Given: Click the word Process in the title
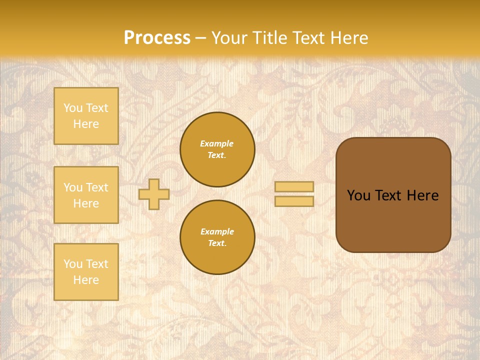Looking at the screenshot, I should (157, 38).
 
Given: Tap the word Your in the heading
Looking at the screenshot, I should (230, 38).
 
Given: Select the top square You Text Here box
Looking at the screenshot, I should (86, 116).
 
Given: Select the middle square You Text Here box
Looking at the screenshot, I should (86, 195).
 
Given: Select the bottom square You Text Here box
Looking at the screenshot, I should (86, 272).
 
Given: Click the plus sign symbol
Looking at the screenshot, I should (154, 194).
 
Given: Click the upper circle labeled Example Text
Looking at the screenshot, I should (217, 149).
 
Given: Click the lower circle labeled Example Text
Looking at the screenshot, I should (217, 237).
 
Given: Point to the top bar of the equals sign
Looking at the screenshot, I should (294, 186).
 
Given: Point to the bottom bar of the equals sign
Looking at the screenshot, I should (294, 201).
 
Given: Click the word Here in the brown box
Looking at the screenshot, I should (422, 195).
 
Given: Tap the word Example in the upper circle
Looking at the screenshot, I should (217, 143).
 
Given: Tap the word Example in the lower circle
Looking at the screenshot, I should (217, 231).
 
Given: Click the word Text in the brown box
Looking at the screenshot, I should (388, 195).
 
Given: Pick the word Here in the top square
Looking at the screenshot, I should (86, 124).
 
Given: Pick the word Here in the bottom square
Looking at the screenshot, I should (86, 280).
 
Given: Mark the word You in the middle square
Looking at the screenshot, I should (72, 187).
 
